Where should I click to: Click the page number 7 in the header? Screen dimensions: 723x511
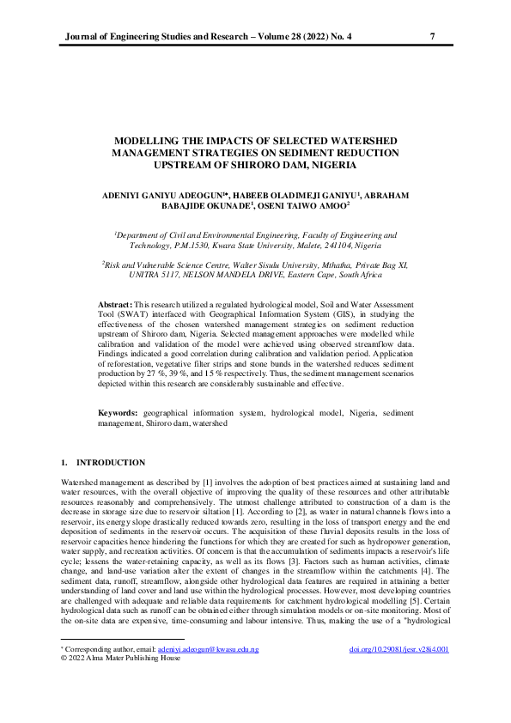point(432,37)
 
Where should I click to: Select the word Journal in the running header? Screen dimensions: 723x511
point(83,37)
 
